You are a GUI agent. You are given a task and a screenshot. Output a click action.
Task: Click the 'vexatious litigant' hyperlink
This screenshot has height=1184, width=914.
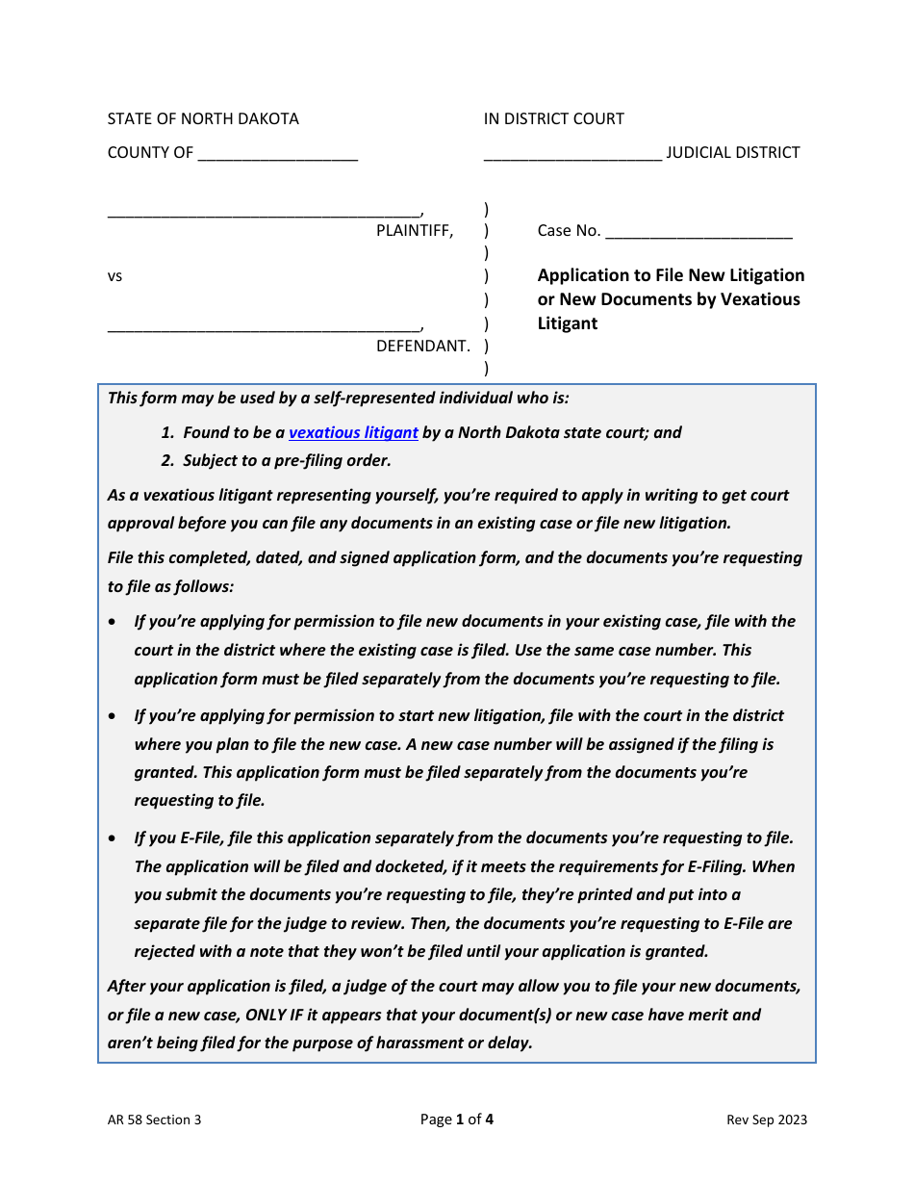tap(353, 432)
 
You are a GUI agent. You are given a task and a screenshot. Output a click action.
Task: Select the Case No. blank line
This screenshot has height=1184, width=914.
tap(698, 232)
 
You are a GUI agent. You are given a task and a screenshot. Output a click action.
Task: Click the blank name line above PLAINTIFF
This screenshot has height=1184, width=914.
tap(264, 213)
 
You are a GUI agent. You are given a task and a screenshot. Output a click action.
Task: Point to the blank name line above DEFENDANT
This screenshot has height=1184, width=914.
tap(264, 328)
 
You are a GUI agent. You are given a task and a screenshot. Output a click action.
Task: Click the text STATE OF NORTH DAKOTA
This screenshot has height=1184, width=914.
tap(203, 118)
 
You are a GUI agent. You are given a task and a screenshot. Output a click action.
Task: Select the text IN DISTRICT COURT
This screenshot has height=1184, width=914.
tap(553, 118)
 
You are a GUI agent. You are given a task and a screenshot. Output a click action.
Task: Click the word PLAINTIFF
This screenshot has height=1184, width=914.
tap(414, 230)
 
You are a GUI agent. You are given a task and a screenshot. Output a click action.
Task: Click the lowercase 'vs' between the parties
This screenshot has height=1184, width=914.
tap(114, 276)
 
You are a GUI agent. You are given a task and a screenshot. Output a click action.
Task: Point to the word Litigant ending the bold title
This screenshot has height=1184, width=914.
tap(567, 323)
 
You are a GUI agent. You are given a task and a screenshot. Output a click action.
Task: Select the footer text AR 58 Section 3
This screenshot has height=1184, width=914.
tap(154, 1120)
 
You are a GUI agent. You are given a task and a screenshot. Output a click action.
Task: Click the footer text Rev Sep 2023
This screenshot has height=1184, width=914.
tap(767, 1120)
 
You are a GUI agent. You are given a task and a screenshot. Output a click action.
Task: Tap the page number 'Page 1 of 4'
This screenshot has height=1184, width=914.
tap(457, 1119)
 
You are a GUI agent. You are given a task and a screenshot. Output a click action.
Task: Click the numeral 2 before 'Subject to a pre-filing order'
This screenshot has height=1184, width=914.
tap(166, 460)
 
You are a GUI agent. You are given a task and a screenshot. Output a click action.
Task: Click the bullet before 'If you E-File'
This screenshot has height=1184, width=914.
tap(114, 838)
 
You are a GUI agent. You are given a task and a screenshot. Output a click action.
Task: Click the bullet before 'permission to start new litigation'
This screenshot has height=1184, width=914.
tap(114, 716)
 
